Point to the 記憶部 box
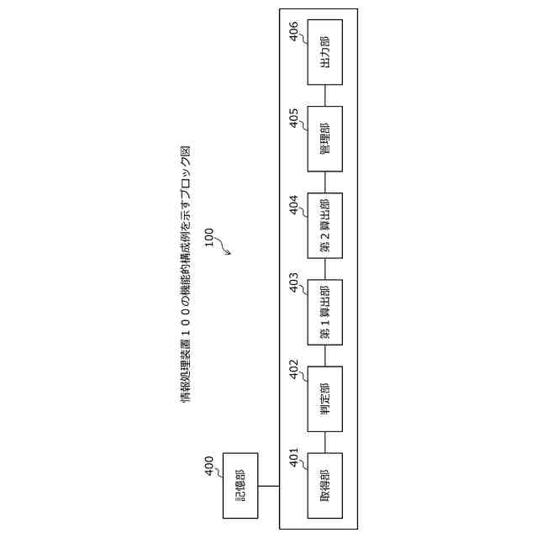(x=240, y=486)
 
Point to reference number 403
(x=294, y=285)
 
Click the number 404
(x=294, y=206)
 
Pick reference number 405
(x=294, y=119)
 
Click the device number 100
(x=208, y=236)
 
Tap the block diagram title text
(x=186, y=274)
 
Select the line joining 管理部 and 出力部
(x=324, y=95)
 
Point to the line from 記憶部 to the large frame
(x=268, y=486)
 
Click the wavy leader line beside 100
(x=224, y=245)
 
